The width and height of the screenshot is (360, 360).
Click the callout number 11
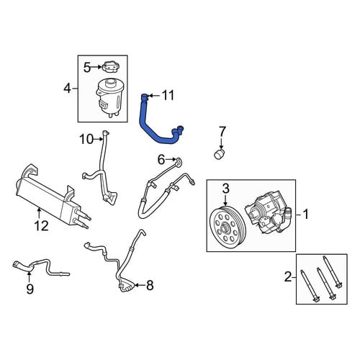pos(168,96)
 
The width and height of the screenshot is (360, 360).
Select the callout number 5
pos(87,68)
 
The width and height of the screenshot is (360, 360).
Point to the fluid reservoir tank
pos(109,99)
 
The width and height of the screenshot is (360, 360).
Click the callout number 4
pos(68,89)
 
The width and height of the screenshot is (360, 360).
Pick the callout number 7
pos(222,132)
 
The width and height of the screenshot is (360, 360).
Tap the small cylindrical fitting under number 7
pos(220,154)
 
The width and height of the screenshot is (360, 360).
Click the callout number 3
pos(226,189)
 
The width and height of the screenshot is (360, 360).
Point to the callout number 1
pos(305,215)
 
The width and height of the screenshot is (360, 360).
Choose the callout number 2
pos(288,276)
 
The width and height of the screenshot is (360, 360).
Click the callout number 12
pos(42,225)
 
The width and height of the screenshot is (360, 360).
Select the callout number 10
pos(86,139)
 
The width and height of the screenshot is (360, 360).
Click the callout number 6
pos(161,160)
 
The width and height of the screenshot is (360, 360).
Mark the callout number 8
pos(150,286)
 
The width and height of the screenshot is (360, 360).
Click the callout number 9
pos(30,289)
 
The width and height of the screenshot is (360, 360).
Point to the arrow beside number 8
pos(139,285)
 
